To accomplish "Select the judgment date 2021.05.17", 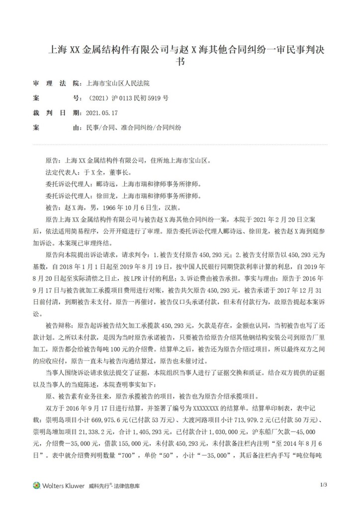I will pyautogui.click(x=100, y=113).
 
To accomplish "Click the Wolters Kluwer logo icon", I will pyautogui.click(x=36, y=485).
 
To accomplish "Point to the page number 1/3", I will pyautogui.click(x=323, y=484).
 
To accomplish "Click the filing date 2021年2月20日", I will pyautogui.click(x=269, y=217).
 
